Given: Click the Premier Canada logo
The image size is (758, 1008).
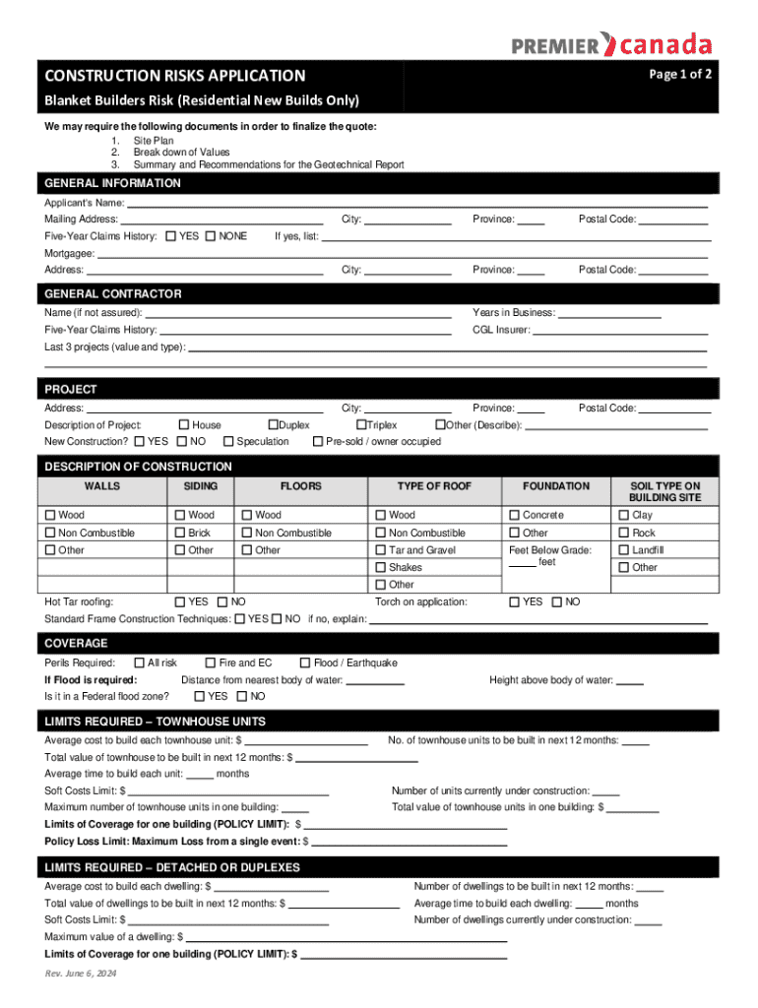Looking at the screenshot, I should click(611, 44).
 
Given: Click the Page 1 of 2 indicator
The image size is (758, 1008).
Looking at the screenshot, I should click(680, 75).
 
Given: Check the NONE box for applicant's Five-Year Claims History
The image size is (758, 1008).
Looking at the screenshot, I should click(211, 236).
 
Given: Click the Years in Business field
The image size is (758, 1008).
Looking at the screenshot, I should click(609, 313).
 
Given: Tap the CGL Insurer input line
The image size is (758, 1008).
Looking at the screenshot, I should click(620, 331).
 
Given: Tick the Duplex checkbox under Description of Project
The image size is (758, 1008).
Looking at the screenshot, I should click(274, 424).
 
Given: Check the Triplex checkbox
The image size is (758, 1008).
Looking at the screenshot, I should click(361, 424).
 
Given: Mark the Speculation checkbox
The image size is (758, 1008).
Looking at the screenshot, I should click(228, 441).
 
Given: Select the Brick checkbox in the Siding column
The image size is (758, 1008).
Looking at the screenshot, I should click(180, 533).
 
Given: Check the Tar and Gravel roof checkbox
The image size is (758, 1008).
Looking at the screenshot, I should click(381, 550).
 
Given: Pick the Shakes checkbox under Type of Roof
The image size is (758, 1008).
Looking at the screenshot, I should click(381, 567).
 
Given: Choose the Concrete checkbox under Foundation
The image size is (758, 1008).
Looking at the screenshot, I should click(514, 515).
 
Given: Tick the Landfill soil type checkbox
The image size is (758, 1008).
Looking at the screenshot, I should click(623, 550).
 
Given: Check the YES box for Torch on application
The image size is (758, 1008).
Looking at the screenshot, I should click(514, 601).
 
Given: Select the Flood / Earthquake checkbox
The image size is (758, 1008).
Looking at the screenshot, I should click(305, 662).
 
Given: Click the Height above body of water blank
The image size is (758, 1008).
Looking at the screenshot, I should click(630, 680).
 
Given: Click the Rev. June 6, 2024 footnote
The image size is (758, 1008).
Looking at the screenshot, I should click(81, 974).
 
